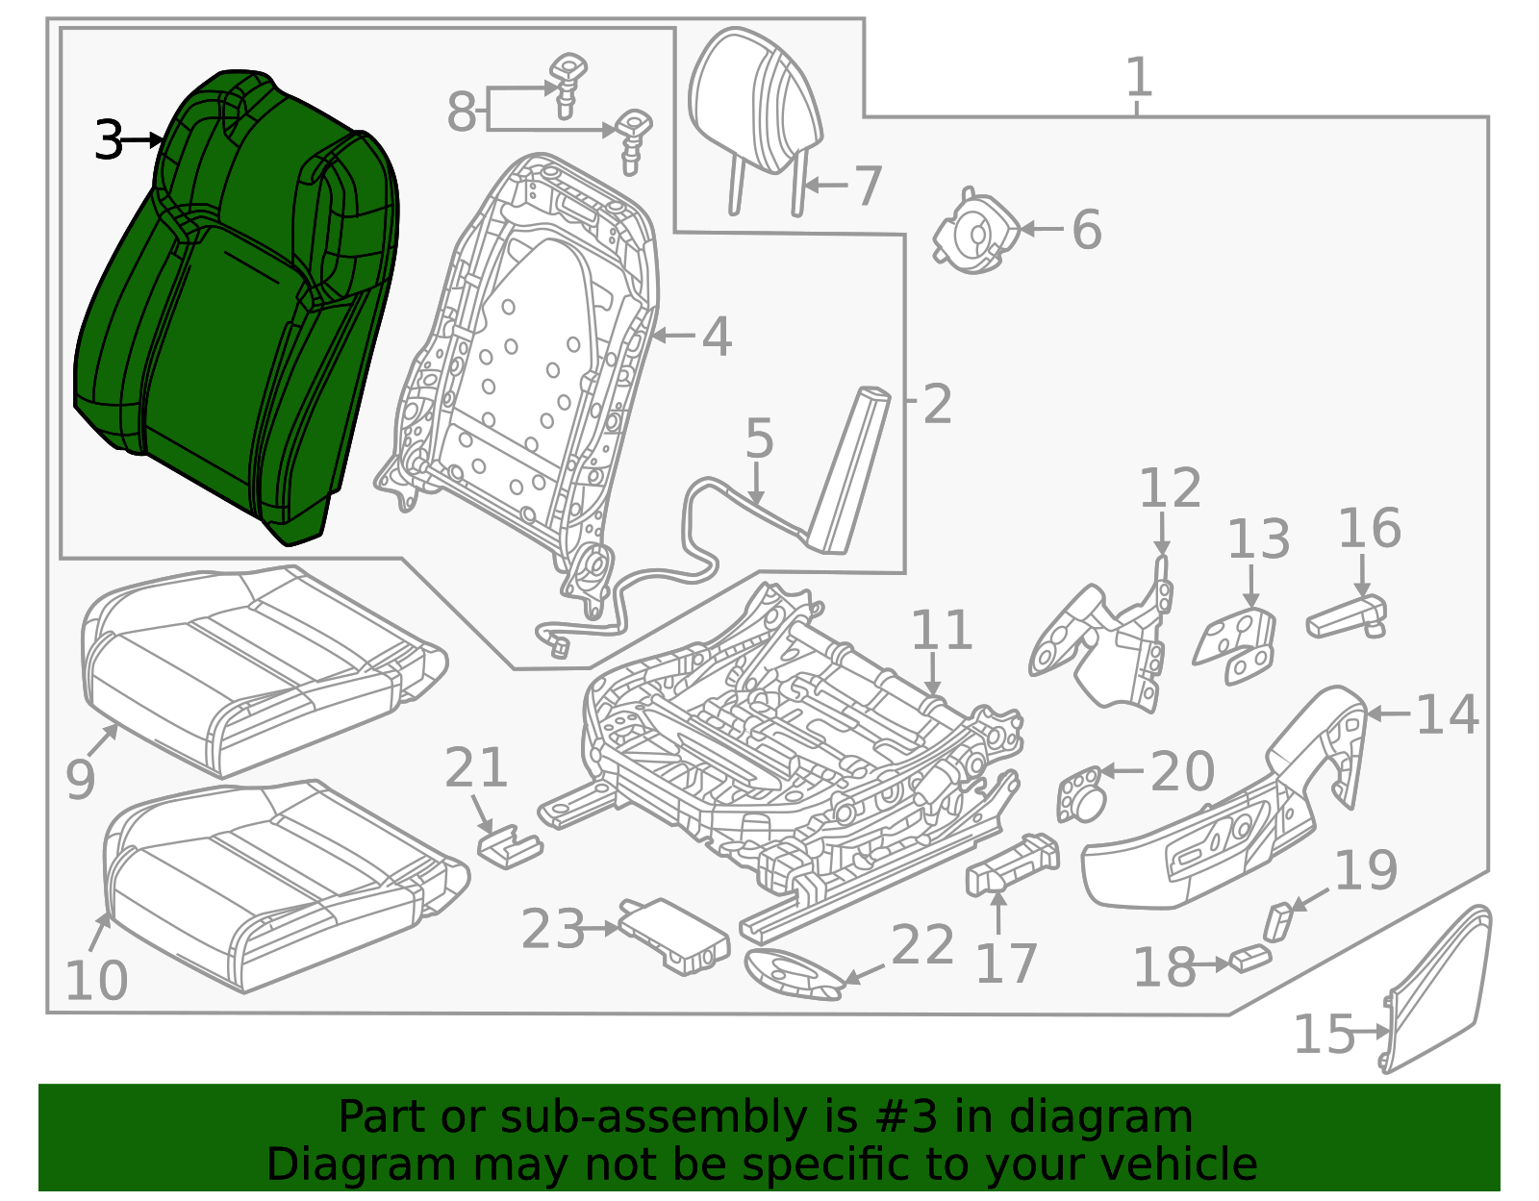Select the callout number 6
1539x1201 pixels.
coord(1086,230)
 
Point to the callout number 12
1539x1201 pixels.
coord(1170,488)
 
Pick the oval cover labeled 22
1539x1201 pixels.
coord(794,973)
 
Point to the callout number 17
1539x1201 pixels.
coord(1006,963)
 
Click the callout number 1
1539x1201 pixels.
coord(1138,77)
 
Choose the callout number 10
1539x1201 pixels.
coord(96,981)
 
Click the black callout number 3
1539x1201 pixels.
coord(109,140)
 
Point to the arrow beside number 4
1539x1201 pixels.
coord(673,337)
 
